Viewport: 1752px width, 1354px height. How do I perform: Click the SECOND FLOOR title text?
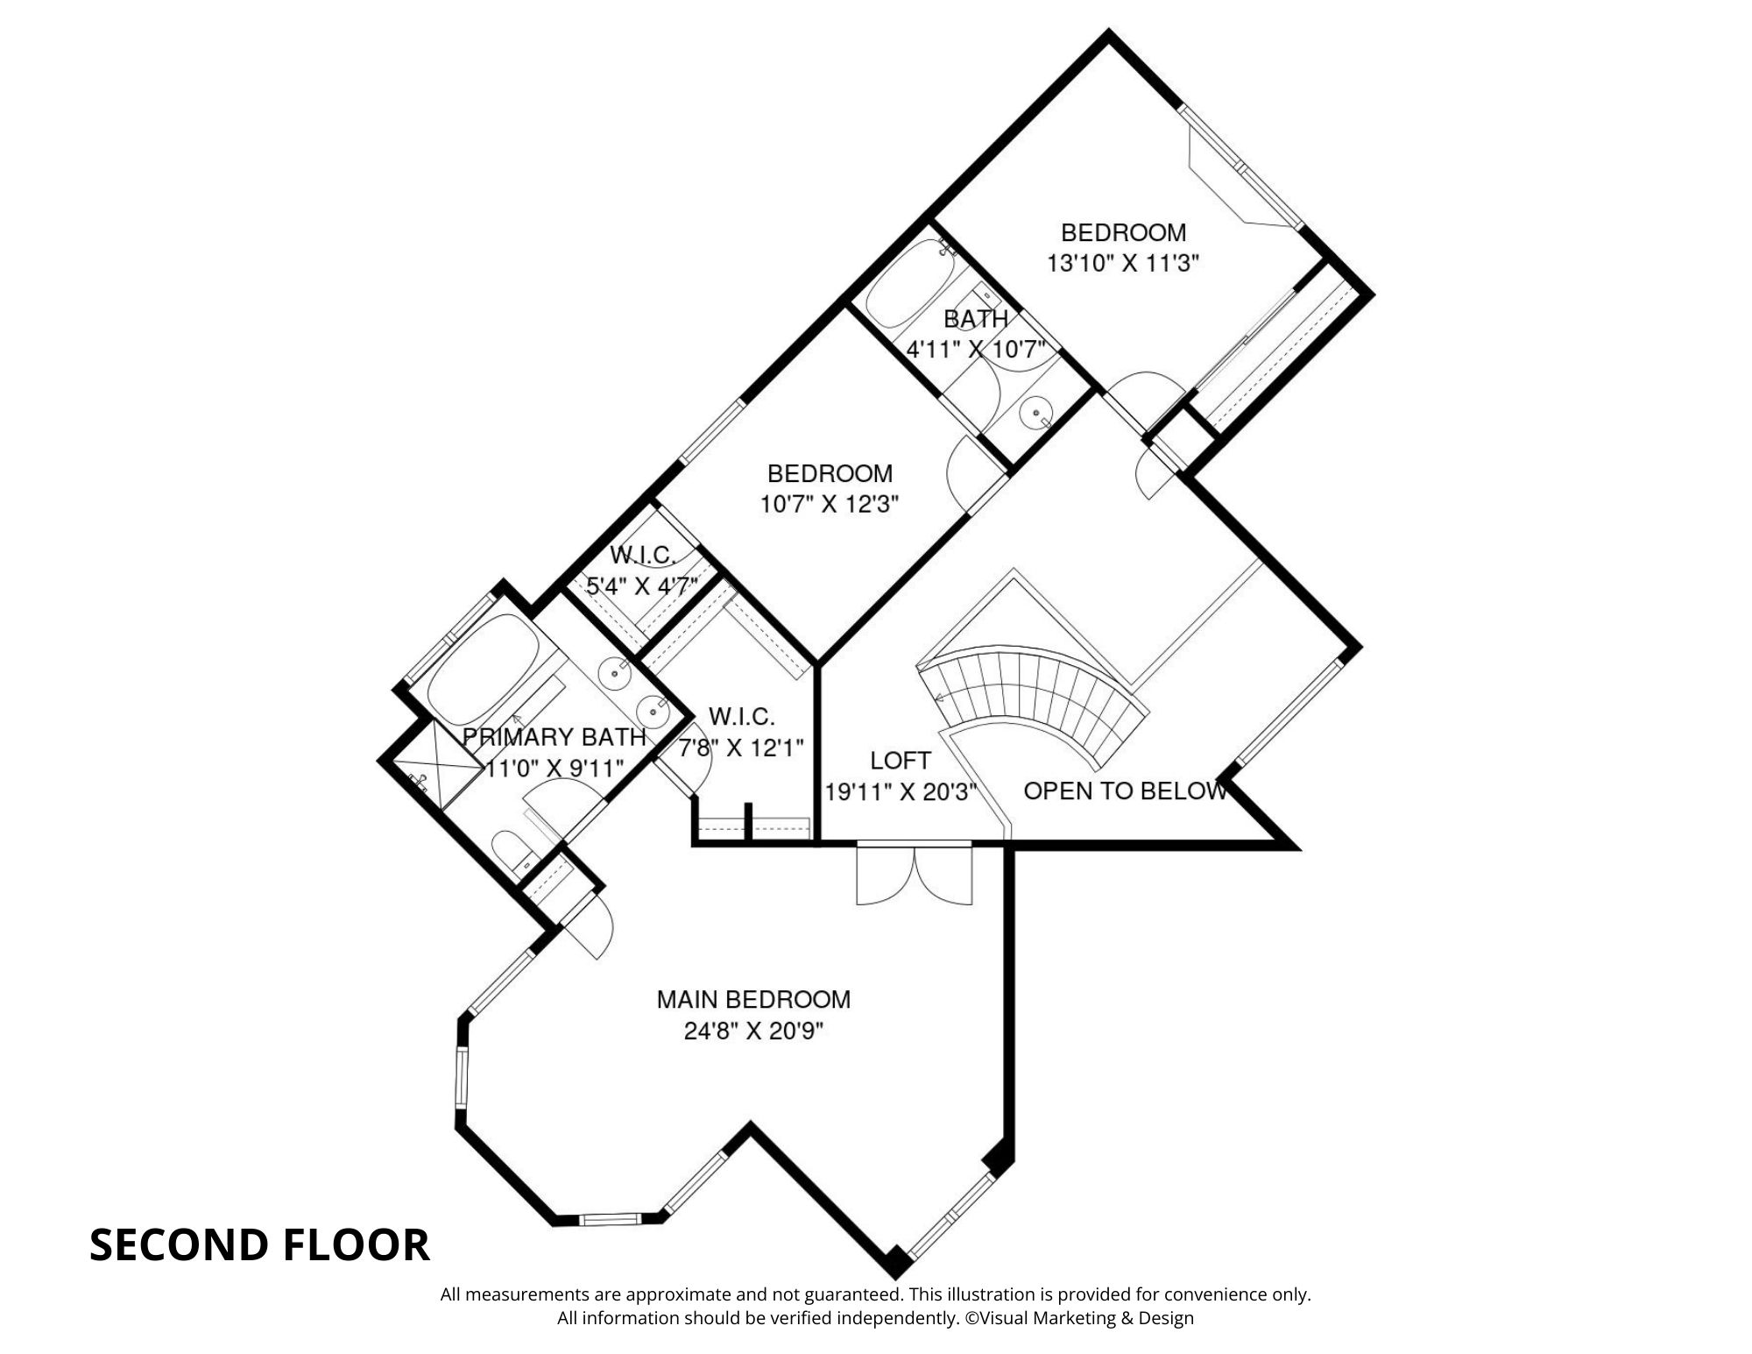(259, 1244)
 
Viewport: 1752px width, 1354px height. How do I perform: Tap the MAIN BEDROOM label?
(753, 999)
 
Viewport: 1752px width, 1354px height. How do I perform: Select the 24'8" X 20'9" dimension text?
(753, 1031)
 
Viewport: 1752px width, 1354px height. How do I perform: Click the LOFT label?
(901, 760)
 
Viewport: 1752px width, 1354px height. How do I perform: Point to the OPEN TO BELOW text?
(1125, 791)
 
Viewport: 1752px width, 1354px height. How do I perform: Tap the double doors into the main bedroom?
(915, 875)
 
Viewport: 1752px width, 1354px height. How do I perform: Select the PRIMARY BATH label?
(554, 737)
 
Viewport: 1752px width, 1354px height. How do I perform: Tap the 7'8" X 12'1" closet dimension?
(741, 748)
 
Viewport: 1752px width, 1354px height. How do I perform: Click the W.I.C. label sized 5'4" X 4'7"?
(642, 556)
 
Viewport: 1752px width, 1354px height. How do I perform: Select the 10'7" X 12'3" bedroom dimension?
(830, 505)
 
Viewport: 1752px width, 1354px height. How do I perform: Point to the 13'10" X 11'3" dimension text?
(1123, 263)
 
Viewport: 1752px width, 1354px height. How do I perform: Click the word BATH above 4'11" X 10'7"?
(975, 319)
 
